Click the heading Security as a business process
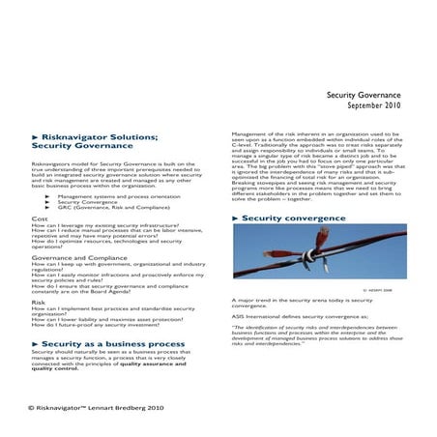point(107,343)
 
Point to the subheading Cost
point(40,220)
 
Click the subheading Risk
point(39,302)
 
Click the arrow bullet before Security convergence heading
point(235,219)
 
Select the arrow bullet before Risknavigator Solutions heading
point(36,136)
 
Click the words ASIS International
point(259,316)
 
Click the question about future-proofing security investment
point(107,325)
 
